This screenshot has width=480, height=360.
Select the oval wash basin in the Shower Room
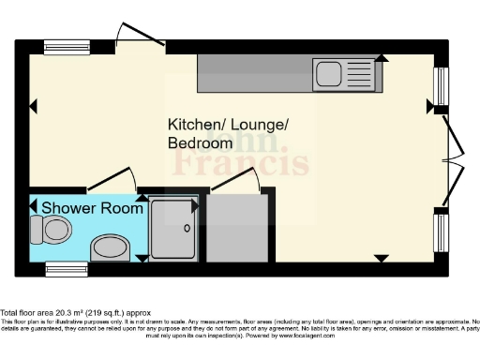click(112, 247)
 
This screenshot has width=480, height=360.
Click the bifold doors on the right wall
click(455, 159)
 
